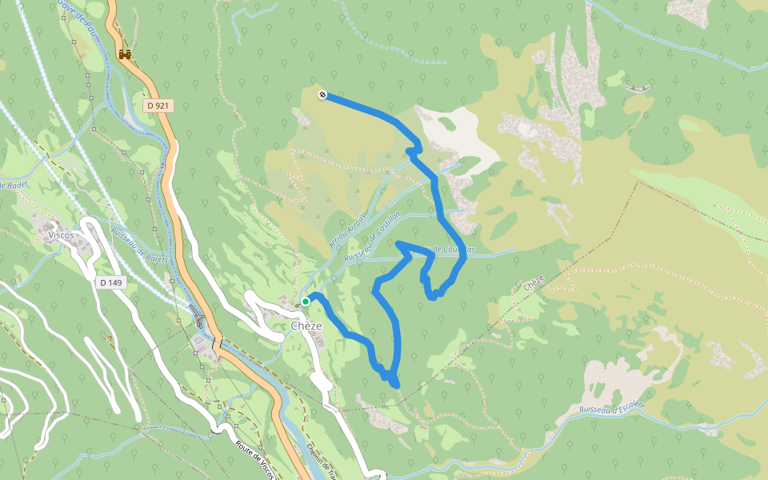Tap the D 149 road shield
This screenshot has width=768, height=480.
(x=111, y=282)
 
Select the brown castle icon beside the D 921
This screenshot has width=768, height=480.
(x=124, y=54)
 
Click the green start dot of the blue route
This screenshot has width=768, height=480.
(x=306, y=302)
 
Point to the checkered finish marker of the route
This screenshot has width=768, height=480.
(x=322, y=95)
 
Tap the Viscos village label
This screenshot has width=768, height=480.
(x=61, y=235)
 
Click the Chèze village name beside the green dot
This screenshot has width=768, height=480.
(x=306, y=326)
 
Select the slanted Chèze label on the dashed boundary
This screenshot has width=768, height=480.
(x=533, y=282)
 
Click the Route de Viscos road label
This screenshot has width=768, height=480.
(x=254, y=460)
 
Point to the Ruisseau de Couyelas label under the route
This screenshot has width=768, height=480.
(x=448, y=250)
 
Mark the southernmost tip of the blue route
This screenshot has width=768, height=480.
(x=396, y=386)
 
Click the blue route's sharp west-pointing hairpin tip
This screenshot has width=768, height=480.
(x=398, y=242)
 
